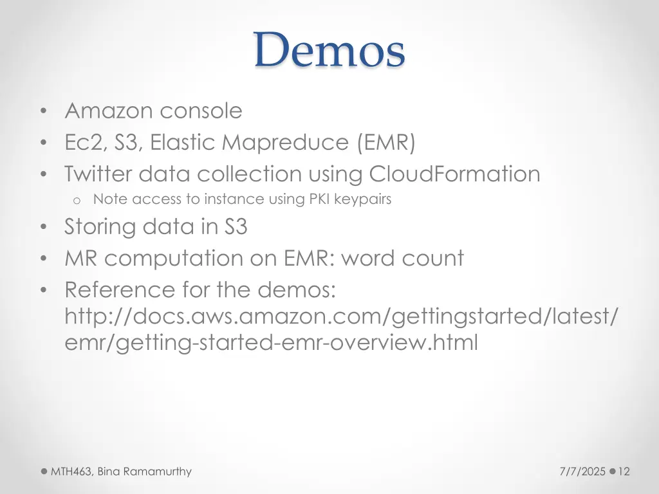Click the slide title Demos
[329, 51]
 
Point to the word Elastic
[183, 142]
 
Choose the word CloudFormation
[454, 174]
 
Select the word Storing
[100, 227]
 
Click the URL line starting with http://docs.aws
[342, 316]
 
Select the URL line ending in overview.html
[271, 343]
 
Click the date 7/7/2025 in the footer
[584, 471]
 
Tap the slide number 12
[624, 471]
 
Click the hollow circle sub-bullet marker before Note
[76, 200]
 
